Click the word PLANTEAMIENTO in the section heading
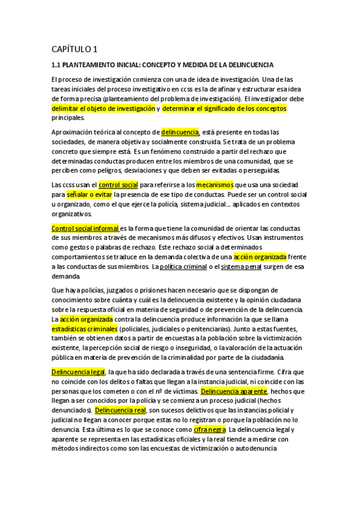click(100, 64)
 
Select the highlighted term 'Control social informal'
click(85, 228)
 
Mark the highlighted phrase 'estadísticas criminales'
click(84, 329)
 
